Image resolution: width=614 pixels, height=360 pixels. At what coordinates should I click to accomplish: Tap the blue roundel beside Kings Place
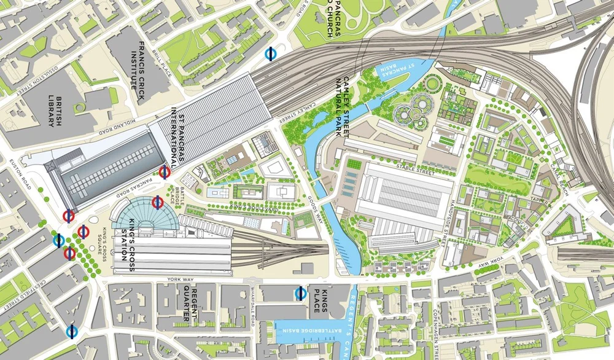(301, 292)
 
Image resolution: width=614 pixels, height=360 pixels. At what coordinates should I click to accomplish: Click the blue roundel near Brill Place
(270, 54)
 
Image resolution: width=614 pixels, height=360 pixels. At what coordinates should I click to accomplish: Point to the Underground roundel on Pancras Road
(165, 172)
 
